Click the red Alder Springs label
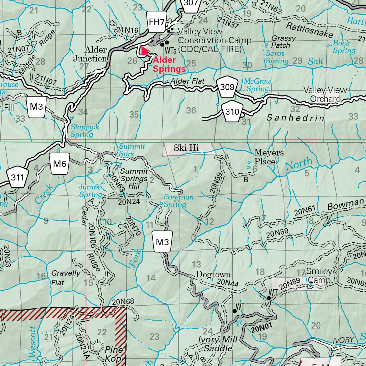[x=169, y=64]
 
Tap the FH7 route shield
[x=157, y=22]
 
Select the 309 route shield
[x=227, y=87]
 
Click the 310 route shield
[x=232, y=112]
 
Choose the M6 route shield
[x=60, y=164]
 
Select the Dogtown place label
[x=213, y=274]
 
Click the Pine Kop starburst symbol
[x=96, y=345]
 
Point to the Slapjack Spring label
[x=84, y=130]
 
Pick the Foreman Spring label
[x=178, y=201]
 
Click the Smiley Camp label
[x=319, y=276]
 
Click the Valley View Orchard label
[x=325, y=94]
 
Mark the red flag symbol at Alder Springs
[x=145, y=51]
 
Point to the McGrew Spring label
[x=257, y=85]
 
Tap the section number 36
[x=191, y=110]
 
